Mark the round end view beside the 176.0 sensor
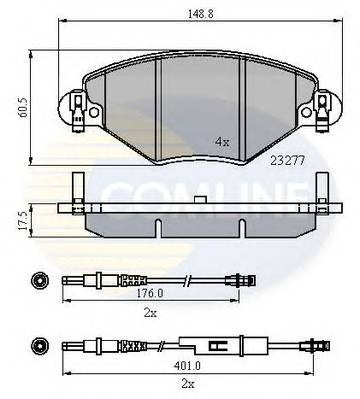pos(38,279)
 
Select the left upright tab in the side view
pos(75,189)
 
